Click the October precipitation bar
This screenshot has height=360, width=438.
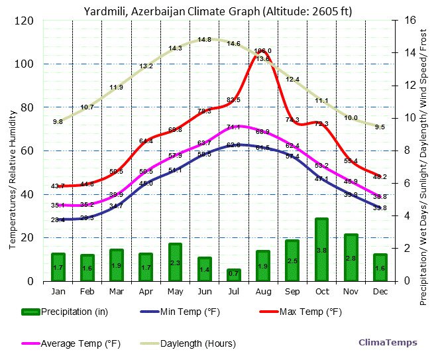pos(321,249)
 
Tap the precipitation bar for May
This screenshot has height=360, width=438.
pos(175,262)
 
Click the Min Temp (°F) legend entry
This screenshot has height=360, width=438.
pos(190,312)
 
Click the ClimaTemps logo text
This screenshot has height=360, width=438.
pos(388,343)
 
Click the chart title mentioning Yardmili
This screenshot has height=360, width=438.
pos(218,11)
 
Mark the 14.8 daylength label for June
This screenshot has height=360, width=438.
pos(204,40)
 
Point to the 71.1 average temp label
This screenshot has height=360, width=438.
pos(233,127)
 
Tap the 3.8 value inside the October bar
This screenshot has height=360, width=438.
pos(321,251)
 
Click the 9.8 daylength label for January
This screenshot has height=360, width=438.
pos(58,122)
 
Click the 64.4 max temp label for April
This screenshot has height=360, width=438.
pos(146,141)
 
